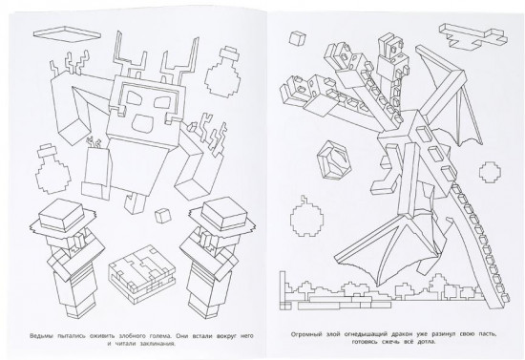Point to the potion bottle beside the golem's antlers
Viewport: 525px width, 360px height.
224,71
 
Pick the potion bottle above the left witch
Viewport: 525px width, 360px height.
53,169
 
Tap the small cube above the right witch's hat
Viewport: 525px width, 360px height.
163,215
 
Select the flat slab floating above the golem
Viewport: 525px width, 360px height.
67,33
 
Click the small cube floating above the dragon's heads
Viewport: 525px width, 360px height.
297,37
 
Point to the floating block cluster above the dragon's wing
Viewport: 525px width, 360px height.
472,36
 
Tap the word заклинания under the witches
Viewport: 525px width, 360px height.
157,344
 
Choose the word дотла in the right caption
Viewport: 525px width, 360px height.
426,342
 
